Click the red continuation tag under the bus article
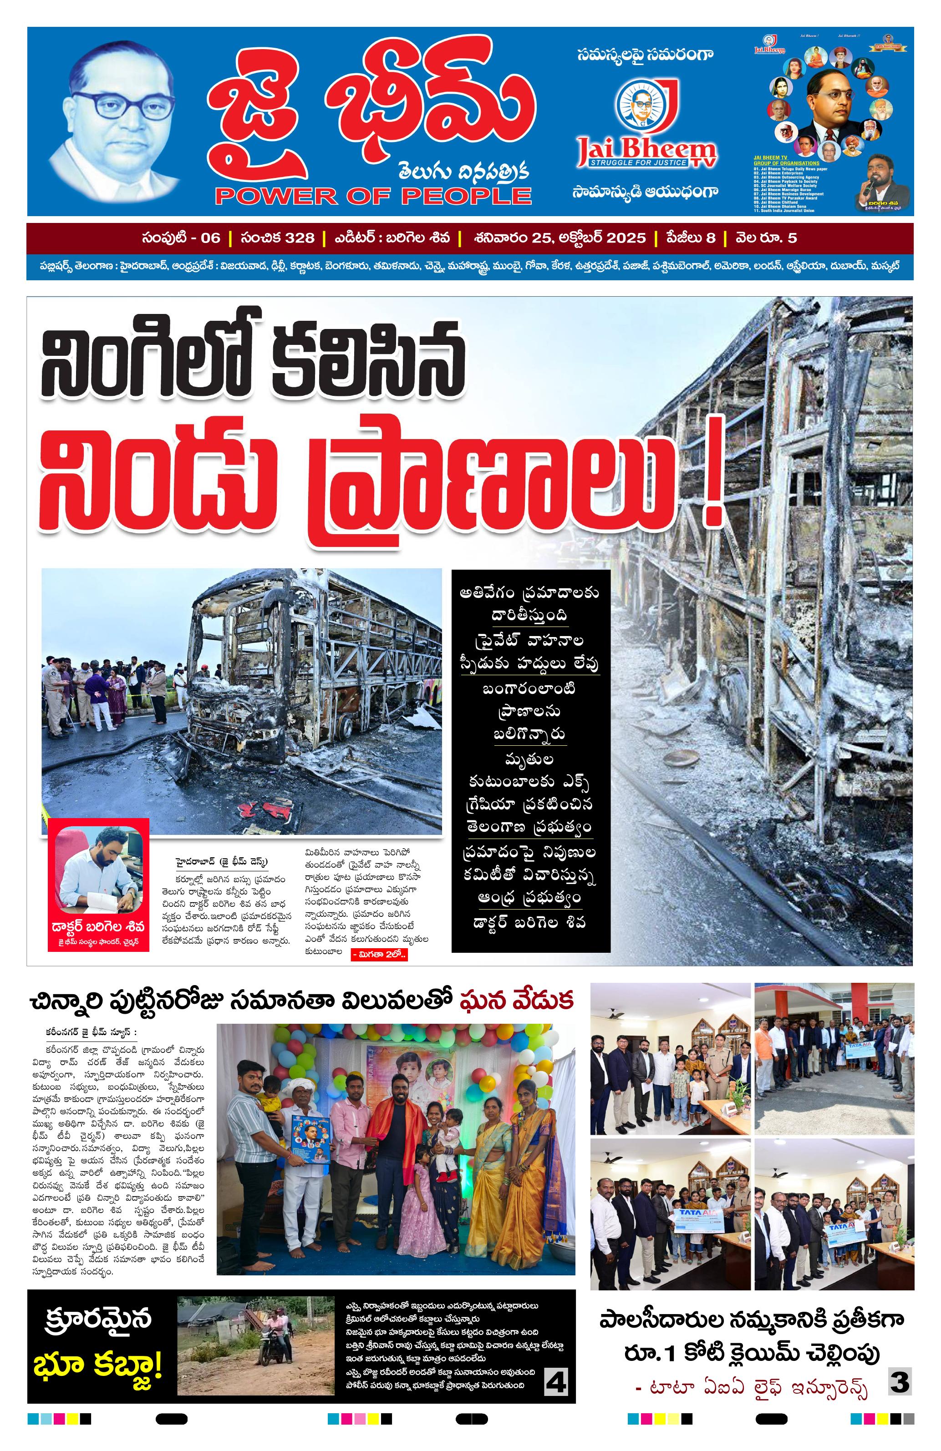pyautogui.click(x=379, y=955)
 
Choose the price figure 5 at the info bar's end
pyautogui.click(x=792, y=238)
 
